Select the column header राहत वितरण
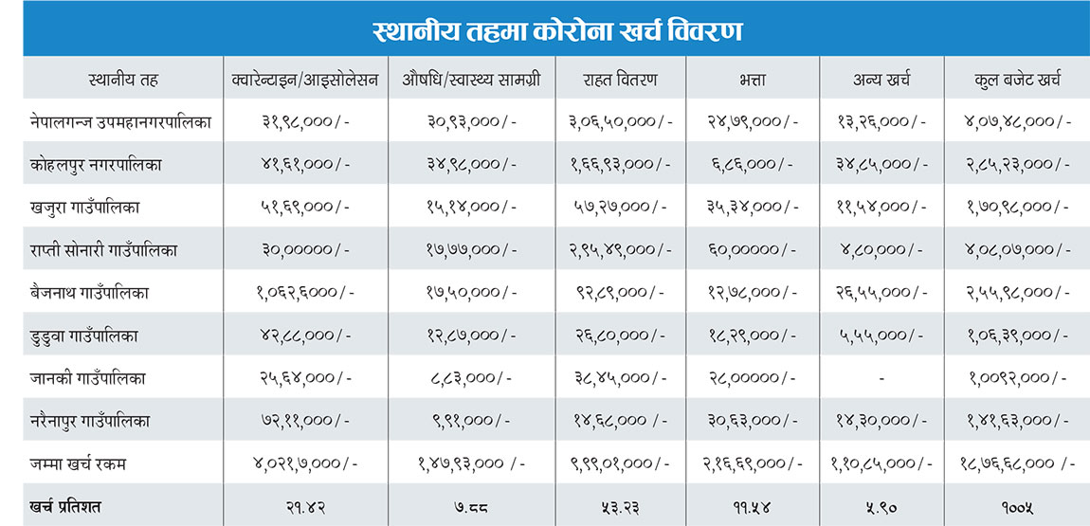pos(621,80)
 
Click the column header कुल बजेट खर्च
pos(1016,80)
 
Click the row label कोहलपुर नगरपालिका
pos(96,164)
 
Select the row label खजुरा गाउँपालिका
pos(85,207)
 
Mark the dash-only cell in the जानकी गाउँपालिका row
pos(881,378)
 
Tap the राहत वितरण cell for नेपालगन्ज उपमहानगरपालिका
pos(621,121)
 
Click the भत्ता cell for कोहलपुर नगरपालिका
pos(753,164)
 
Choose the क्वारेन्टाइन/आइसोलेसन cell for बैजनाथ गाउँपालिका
pos(306,293)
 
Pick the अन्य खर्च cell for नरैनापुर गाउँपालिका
pos(881,421)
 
